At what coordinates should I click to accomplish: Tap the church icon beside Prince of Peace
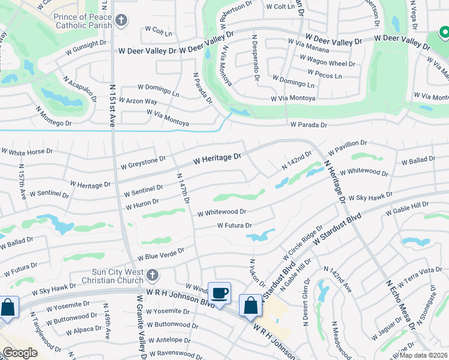121,21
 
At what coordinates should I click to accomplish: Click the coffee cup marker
219,293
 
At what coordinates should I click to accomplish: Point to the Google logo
20,353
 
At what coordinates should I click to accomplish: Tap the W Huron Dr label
142,205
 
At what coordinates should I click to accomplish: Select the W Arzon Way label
138,101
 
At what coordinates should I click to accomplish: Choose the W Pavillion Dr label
347,146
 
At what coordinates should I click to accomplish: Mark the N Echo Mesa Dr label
399,303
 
